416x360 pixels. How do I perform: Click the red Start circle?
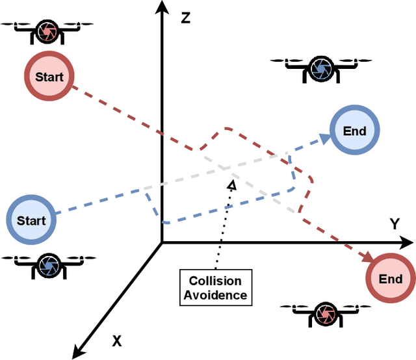click(49, 77)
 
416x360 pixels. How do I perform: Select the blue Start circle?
click(31, 221)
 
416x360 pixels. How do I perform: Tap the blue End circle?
click(354, 131)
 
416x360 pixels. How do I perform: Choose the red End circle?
click(391, 279)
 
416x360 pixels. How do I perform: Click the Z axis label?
click(185, 18)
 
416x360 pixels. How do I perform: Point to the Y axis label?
click(394, 224)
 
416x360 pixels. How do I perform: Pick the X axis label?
click(117, 340)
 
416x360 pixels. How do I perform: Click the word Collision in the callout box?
click(214, 281)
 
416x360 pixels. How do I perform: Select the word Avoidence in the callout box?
click(214, 295)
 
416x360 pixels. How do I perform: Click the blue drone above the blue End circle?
click(320, 67)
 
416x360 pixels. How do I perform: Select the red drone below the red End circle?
click(323, 314)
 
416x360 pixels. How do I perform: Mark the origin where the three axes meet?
click(161, 243)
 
